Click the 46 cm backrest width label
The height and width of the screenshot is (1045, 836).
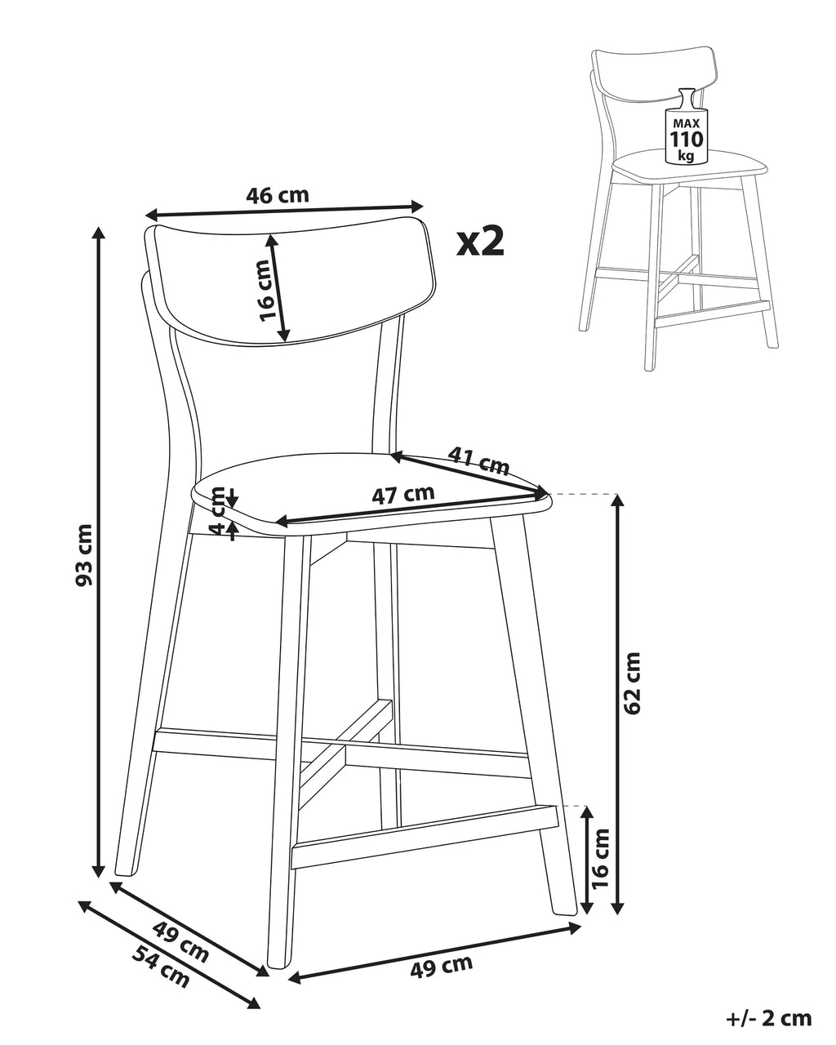pyautogui.click(x=277, y=195)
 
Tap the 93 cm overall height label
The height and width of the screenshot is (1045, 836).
pyautogui.click(x=85, y=554)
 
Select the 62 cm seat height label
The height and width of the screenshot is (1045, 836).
pyautogui.click(x=632, y=683)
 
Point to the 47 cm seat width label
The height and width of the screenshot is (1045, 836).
pyautogui.click(x=402, y=495)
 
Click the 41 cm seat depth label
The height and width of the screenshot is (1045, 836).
pyautogui.click(x=478, y=460)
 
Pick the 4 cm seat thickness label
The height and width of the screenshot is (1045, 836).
pyautogui.click(x=220, y=510)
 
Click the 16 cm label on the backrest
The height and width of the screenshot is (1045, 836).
pyautogui.click(x=271, y=291)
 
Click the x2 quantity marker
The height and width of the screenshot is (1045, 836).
pyautogui.click(x=480, y=242)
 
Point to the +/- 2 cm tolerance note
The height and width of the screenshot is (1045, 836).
pyautogui.click(x=768, y=1015)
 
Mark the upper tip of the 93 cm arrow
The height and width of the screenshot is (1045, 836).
pyautogui.click(x=100, y=227)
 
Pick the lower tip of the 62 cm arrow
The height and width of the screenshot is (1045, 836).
pyautogui.click(x=617, y=914)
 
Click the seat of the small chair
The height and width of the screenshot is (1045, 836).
pyautogui.click(x=689, y=165)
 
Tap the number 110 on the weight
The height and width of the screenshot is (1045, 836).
pyautogui.click(x=687, y=140)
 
